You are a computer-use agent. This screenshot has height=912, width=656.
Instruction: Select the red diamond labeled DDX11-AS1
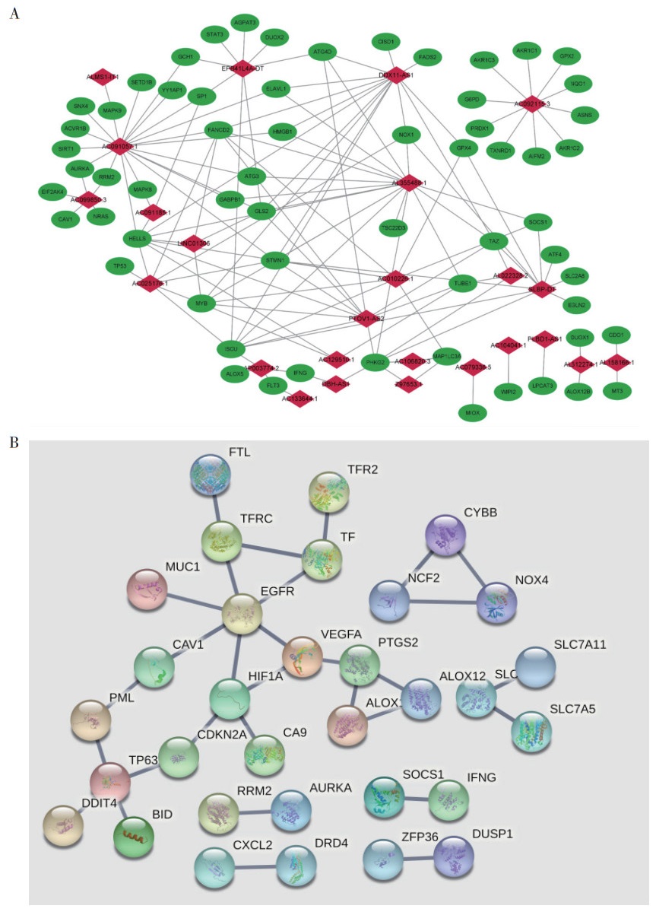tap(395, 75)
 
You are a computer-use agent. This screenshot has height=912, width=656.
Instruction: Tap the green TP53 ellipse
tap(119, 267)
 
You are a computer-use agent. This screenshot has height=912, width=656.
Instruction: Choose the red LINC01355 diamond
tap(194, 243)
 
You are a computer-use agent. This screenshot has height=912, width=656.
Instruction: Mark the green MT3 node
tap(613, 390)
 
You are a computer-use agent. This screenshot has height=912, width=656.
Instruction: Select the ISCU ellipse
tap(231, 348)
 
